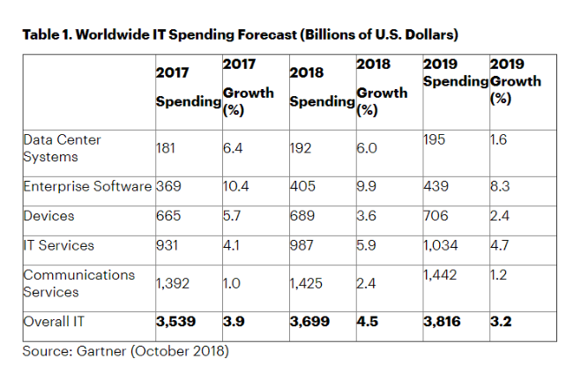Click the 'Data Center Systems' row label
click(63, 147)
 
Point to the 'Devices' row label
click(48, 215)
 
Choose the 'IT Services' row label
click(59, 244)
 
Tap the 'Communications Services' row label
click(78, 282)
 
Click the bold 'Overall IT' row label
click(55, 322)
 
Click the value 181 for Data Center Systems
click(167, 148)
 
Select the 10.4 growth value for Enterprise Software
click(235, 186)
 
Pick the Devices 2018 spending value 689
click(302, 215)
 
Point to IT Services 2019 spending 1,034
click(442, 244)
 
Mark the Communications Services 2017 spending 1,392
click(174, 283)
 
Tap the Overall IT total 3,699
click(309, 322)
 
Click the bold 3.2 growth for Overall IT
click(501, 322)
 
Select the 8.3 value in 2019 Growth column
click(500, 186)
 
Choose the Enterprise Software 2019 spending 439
click(436, 186)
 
